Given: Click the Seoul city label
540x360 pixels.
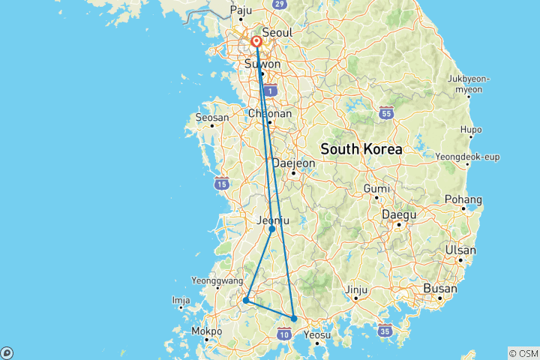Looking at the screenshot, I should pos(277,33).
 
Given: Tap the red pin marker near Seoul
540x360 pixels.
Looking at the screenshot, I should pos(256,42).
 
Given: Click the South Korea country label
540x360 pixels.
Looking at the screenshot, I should pos(361,149).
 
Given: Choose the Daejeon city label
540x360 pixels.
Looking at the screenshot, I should pos(293,163).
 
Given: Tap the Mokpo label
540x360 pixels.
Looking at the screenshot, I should pos(207,331).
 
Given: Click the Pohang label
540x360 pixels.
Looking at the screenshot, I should pos(466,199).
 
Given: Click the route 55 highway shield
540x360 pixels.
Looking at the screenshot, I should pos(385,113).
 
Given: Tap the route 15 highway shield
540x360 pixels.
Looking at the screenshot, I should pos(221,183).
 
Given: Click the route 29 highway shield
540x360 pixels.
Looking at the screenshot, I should pos(279,4).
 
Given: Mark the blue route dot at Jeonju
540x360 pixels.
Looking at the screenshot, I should pos(271,229).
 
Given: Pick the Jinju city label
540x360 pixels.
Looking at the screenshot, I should pos(357,289).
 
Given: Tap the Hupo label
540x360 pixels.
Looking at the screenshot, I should pos(471,130).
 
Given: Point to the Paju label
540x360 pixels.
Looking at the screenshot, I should pos(241,10).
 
